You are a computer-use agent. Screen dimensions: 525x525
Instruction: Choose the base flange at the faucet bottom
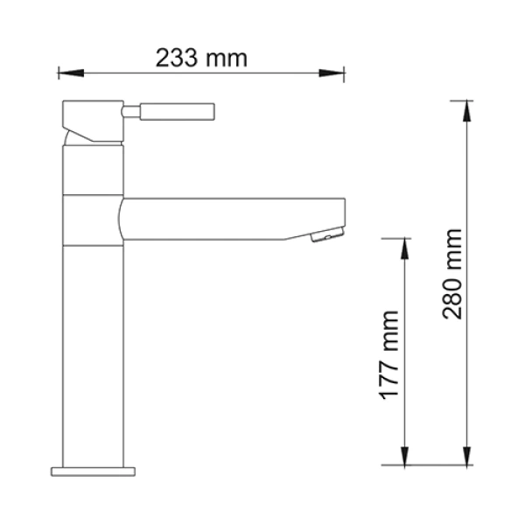point(94,472)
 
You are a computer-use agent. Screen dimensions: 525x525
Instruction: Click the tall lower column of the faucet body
point(94,350)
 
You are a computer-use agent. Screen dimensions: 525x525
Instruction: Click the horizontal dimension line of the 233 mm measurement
point(262,73)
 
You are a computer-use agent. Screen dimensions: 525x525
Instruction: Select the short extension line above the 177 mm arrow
point(398,237)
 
